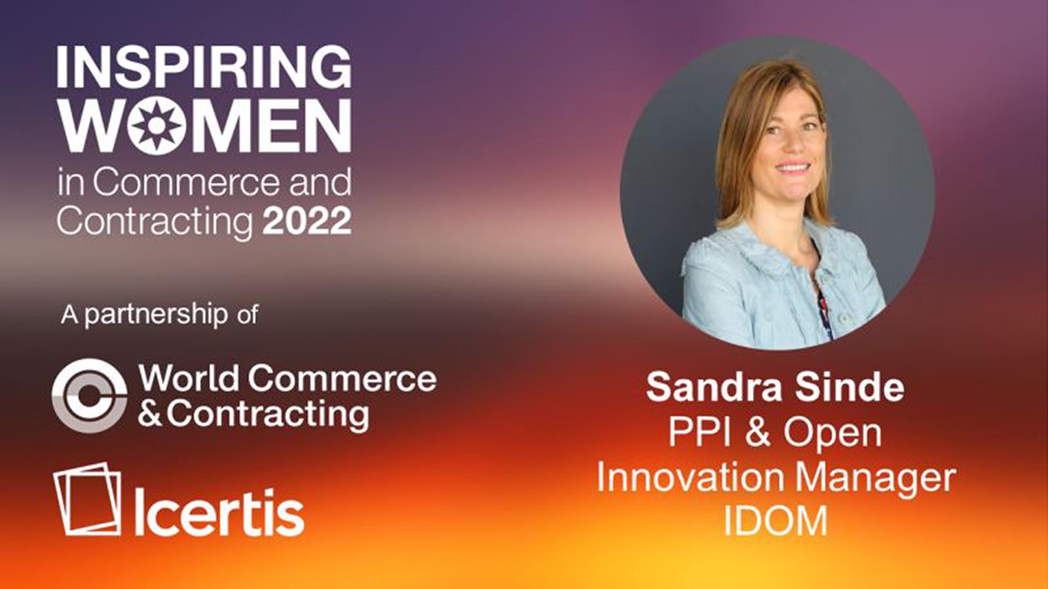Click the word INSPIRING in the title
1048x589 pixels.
[204, 66]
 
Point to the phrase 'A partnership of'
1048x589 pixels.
[159, 315]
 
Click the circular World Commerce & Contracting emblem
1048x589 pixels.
[89, 396]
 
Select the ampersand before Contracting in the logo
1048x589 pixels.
[151, 414]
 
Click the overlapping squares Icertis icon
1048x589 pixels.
[87, 499]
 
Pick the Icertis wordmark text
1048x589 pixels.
[220, 512]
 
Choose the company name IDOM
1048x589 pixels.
[776, 521]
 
